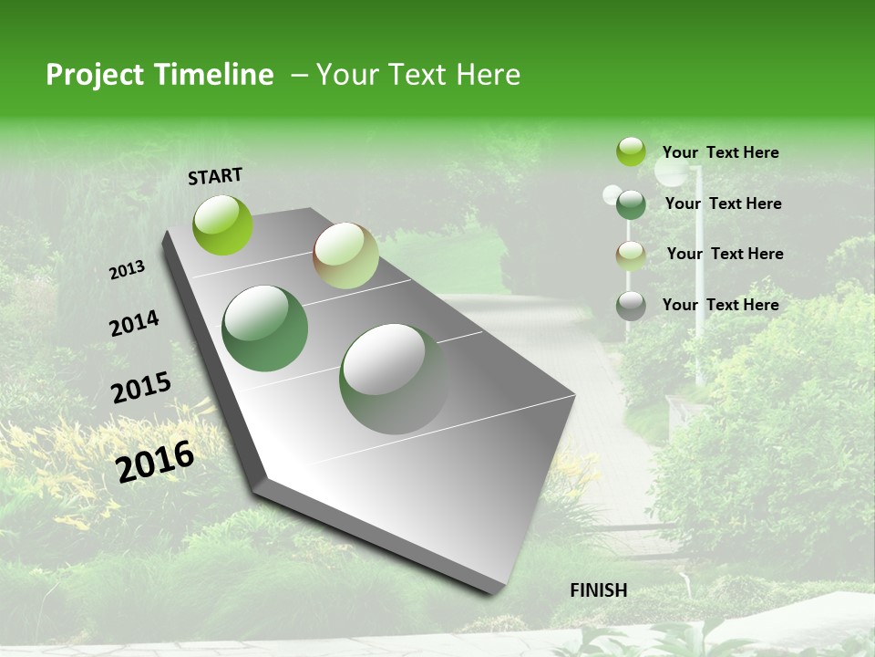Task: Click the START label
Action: click(215, 175)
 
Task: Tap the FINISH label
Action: click(599, 589)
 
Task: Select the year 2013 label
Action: click(128, 270)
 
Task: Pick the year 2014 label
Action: click(134, 324)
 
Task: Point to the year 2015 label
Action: click(141, 388)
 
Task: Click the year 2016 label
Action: click(155, 462)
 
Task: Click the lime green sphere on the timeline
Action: click(222, 224)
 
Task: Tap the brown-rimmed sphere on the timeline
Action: click(345, 255)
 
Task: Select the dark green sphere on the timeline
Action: click(265, 328)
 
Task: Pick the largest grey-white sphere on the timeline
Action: click(394, 379)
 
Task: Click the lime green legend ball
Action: click(631, 151)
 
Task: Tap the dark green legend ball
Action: click(631, 204)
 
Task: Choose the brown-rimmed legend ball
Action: click(631, 255)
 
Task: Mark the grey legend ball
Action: click(631, 306)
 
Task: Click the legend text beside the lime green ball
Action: click(720, 152)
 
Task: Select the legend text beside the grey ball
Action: click(720, 305)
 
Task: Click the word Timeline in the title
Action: click(214, 75)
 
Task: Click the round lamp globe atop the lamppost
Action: click(674, 169)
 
